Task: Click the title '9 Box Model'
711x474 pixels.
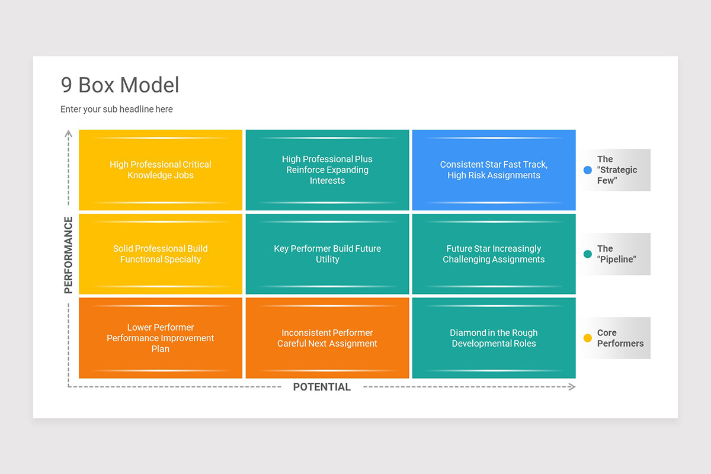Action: tap(120, 85)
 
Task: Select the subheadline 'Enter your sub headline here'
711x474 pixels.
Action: tap(117, 109)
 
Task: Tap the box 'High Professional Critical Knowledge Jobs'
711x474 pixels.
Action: tap(161, 170)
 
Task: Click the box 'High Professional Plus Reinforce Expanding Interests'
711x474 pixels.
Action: tap(327, 170)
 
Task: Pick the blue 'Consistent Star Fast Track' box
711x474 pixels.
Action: tap(494, 170)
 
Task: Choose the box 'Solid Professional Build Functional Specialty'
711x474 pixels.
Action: tap(161, 254)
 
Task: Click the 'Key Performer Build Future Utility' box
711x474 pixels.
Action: tap(327, 254)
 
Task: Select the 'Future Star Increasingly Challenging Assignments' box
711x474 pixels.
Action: tap(494, 254)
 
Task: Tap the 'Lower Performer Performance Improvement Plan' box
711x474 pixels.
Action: tap(161, 338)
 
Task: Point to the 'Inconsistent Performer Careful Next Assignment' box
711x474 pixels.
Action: tap(327, 338)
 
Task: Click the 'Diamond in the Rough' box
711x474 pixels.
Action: tap(494, 338)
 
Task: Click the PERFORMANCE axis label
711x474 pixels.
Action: tap(69, 255)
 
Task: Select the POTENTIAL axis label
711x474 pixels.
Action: tap(322, 387)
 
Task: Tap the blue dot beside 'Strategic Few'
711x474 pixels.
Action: tap(588, 170)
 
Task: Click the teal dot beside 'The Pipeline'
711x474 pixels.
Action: tap(588, 254)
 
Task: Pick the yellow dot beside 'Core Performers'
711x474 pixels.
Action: tap(588, 338)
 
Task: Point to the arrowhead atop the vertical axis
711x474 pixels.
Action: tap(69, 133)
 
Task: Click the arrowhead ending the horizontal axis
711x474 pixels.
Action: tap(572, 387)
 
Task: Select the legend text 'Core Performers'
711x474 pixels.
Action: tap(620, 338)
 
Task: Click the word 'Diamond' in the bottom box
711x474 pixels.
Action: tap(467, 332)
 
